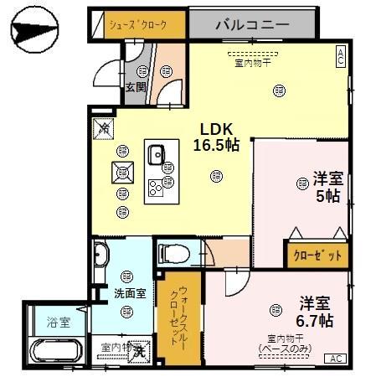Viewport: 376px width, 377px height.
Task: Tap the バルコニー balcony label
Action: (x=252, y=24)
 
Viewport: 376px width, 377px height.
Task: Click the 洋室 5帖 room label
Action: (x=327, y=187)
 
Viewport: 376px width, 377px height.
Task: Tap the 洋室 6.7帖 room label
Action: (x=315, y=312)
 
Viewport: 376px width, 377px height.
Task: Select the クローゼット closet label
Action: (x=317, y=256)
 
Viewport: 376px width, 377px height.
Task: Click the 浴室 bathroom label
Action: (x=58, y=320)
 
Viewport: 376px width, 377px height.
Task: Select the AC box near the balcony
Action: (x=341, y=57)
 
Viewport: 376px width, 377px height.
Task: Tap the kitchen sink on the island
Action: (x=157, y=154)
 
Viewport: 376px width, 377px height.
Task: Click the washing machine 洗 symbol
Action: (x=142, y=352)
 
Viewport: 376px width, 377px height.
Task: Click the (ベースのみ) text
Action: (x=285, y=347)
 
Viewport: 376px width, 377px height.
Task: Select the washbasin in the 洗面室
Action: (x=100, y=255)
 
